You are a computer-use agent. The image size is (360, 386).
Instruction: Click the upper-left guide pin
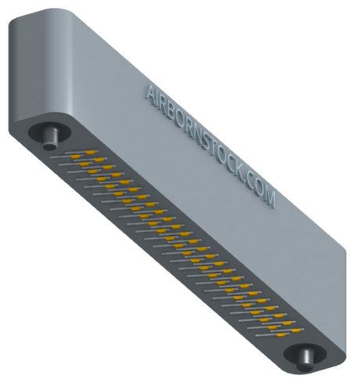coord(51,138)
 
